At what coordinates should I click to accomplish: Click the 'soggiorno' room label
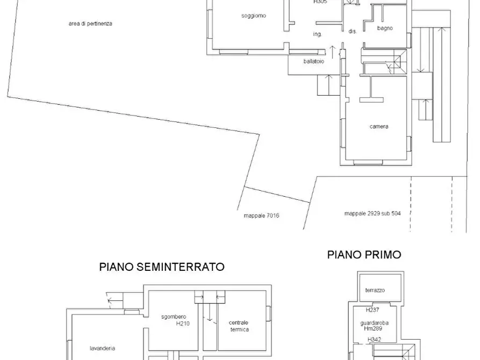click(x=253, y=16)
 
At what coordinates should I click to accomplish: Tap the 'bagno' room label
click(x=384, y=28)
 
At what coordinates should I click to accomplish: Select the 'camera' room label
click(x=378, y=127)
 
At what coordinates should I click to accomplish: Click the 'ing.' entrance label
click(x=317, y=34)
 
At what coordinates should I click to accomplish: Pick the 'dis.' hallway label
click(x=353, y=32)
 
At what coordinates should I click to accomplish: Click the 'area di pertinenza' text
click(x=90, y=24)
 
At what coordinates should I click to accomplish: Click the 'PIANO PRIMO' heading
click(x=364, y=255)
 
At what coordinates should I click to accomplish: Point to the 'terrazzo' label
click(x=375, y=290)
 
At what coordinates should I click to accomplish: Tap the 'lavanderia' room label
click(x=102, y=348)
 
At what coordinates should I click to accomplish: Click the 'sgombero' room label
click(x=173, y=317)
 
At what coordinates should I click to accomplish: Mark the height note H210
click(x=183, y=324)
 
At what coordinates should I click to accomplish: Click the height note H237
click(x=372, y=310)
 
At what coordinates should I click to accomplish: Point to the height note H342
click(x=375, y=340)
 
